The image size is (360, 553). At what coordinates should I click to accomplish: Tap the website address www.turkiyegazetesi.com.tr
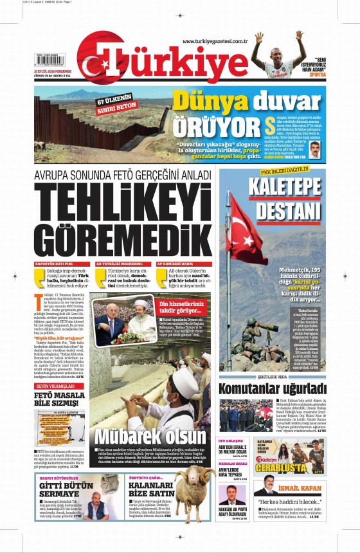(215, 42)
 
